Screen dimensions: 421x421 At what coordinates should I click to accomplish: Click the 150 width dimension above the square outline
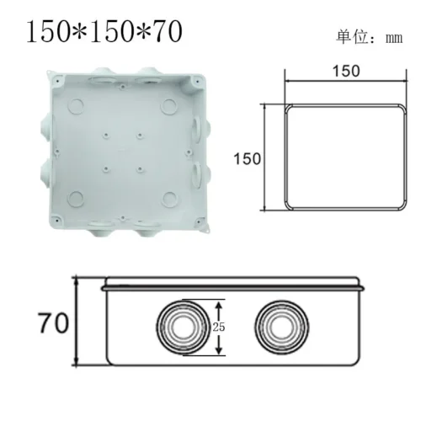click(341, 71)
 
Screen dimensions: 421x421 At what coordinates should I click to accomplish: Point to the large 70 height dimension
click(52, 322)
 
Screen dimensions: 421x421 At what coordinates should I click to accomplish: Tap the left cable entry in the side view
click(179, 326)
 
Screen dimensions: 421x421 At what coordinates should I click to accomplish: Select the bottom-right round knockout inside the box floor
click(169, 198)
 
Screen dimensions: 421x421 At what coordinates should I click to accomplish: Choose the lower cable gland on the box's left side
click(42, 175)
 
